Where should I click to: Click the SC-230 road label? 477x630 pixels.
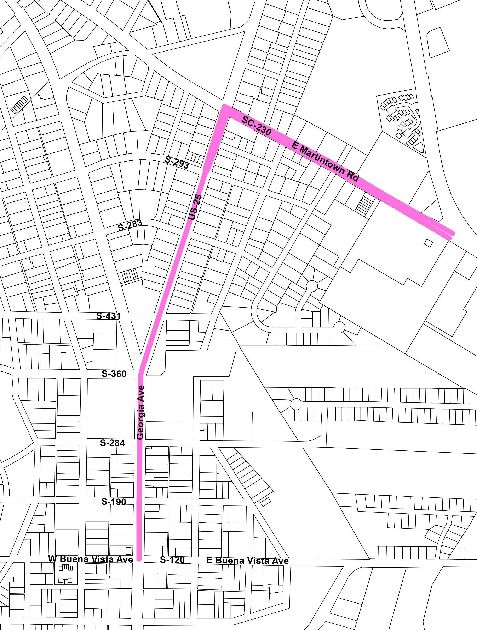click(x=256, y=126)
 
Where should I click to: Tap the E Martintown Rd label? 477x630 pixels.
click(x=325, y=162)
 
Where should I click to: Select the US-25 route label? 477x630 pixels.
click(x=195, y=207)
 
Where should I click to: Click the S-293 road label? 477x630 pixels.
click(x=177, y=163)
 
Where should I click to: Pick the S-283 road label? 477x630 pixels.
click(x=130, y=225)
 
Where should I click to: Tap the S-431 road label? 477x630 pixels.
click(x=108, y=316)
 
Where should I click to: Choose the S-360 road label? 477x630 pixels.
click(x=114, y=374)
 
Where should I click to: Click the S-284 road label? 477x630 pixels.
click(x=112, y=443)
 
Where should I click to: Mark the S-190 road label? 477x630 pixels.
click(x=114, y=502)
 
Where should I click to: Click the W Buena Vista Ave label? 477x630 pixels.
click(x=90, y=559)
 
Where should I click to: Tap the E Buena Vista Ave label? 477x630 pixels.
click(x=247, y=561)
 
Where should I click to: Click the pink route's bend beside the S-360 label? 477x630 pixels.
click(x=140, y=374)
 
